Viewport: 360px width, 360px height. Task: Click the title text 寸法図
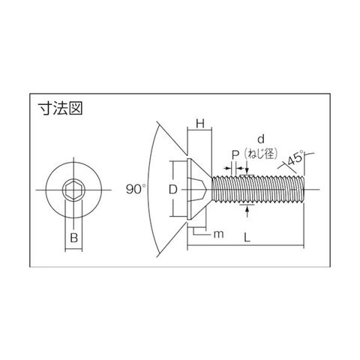click(x=60, y=109)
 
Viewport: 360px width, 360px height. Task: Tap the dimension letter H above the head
click(x=200, y=124)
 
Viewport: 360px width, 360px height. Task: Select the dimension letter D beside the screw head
click(x=173, y=190)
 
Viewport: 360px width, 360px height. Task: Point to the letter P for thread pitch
click(x=235, y=155)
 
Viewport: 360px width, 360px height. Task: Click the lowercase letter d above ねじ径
click(x=261, y=139)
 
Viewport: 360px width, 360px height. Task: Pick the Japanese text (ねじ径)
click(x=261, y=154)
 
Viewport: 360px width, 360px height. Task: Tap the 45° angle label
click(x=295, y=158)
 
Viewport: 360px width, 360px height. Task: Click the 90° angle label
click(x=136, y=189)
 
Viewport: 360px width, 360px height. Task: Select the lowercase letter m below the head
click(x=219, y=235)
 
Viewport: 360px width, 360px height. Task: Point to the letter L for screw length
click(x=247, y=237)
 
